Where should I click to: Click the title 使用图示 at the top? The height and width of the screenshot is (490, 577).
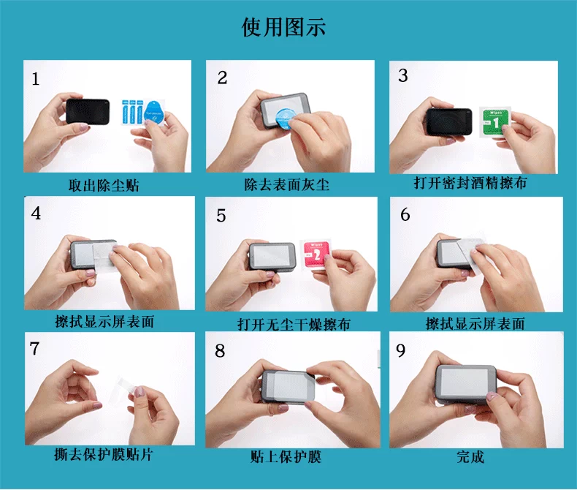click(x=283, y=27)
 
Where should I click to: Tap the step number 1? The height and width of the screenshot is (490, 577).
click(x=35, y=79)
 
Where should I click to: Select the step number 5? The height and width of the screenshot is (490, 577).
click(x=221, y=216)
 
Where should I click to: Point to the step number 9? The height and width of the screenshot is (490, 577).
click(x=401, y=351)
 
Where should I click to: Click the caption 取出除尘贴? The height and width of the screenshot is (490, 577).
click(x=104, y=185)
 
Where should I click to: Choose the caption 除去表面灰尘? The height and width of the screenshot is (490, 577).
click(x=286, y=184)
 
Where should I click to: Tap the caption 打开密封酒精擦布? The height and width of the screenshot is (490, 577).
click(x=470, y=183)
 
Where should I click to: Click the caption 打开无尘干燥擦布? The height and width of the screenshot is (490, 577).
click(x=294, y=325)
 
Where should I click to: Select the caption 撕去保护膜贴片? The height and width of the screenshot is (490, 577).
click(x=104, y=455)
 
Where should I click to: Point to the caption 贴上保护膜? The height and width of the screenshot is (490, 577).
click(x=286, y=457)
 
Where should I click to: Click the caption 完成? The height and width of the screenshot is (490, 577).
click(x=470, y=457)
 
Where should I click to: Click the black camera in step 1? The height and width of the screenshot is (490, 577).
click(x=88, y=111)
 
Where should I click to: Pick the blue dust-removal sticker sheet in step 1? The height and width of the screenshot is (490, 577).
click(x=143, y=112)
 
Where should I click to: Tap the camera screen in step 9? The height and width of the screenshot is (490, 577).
click(x=464, y=382)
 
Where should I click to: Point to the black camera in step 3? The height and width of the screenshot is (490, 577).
click(x=448, y=121)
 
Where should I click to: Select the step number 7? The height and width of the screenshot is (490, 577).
click(x=34, y=349)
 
